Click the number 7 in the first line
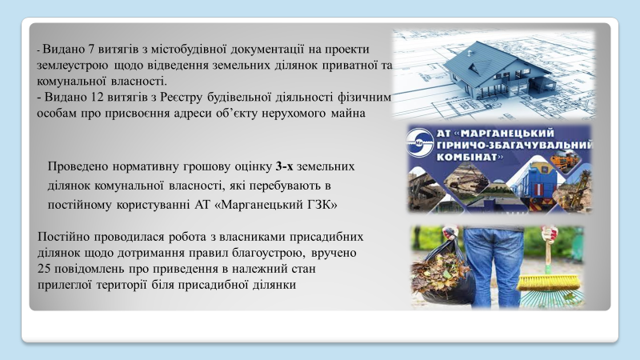90,50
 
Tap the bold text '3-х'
284,166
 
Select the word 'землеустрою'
73,66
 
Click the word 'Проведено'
78,166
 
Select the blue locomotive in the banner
535,185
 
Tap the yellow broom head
550,283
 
